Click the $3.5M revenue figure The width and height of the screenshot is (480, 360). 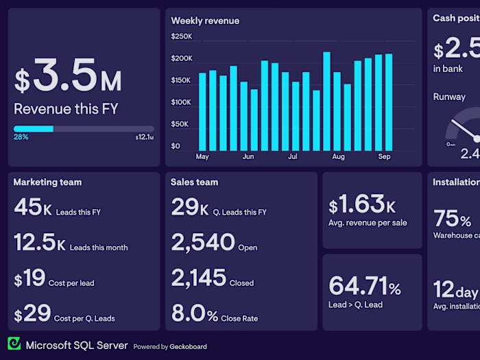pyautogui.click(x=68, y=77)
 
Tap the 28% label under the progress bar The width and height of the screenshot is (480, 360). pyautogui.click(x=21, y=137)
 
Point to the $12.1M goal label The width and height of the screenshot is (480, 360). pyautogui.click(x=145, y=138)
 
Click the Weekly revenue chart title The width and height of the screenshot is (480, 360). pyautogui.click(x=205, y=21)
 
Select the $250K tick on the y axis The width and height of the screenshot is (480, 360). pyautogui.click(x=182, y=36)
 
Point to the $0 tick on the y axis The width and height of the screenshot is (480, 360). pyautogui.click(x=176, y=146)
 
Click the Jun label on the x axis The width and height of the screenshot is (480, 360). pyautogui.click(x=248, y=157)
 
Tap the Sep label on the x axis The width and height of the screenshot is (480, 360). pyautogui.click(x=384, y=157)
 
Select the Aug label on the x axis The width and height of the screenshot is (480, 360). pyautogui.click(x=338, y=157)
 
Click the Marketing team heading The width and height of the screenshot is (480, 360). pyautogui.click(x=47, y=182)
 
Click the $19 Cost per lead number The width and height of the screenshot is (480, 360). pyautogui.click(x=29, y=278)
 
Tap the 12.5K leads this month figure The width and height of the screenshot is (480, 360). pyautogui.click(x=39, y=243)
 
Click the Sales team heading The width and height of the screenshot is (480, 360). pyautogui.click(x=194, y=182)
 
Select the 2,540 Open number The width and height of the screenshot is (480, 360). pyautogui.click(x=202, y=243)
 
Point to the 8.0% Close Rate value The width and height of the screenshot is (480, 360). pyautogui.click(x=194, y=314)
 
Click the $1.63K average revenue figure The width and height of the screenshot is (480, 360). pyautogui.click(x=361, y=205)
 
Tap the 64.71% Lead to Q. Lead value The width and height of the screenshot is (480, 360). pyautogui.click(x=364, y=285)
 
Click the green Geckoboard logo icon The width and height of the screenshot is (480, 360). pyautogui.click(x=14, y=344)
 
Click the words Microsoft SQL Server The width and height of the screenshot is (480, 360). pyautogui.click(x=77, y=346)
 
